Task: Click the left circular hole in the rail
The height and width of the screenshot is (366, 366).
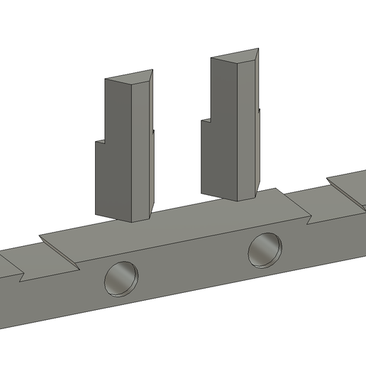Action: (121, 278)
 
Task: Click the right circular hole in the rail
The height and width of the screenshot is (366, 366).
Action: (265, 249)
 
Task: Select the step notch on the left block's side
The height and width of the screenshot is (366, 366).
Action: (101, 140)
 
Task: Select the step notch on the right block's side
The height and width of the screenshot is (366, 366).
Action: (206, 120)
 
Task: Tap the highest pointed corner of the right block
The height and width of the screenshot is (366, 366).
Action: (257, 48)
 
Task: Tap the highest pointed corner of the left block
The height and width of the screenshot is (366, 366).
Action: (152, 70)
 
